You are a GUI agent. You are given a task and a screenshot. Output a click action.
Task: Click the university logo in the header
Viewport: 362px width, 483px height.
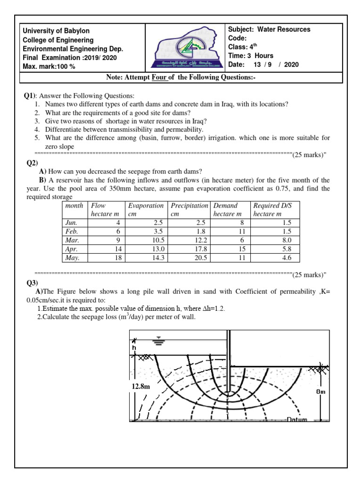click(184, 47)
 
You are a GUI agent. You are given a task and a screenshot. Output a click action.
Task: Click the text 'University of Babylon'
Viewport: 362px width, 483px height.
click(56, 31)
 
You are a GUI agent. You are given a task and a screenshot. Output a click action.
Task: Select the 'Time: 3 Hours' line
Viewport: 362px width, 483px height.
click(251, 56)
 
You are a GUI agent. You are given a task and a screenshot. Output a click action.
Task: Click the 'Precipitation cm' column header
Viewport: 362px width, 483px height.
click(189, 210)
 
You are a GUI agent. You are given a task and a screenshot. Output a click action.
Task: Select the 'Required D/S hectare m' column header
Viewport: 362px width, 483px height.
click(272, 210)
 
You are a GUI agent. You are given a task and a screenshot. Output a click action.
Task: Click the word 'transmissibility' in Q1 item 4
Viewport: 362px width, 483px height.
click(118, 129)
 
